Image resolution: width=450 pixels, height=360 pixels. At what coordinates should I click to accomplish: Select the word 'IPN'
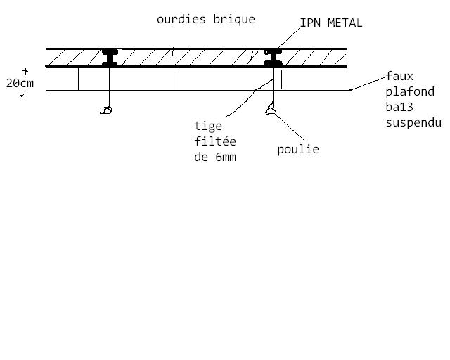(309, 22)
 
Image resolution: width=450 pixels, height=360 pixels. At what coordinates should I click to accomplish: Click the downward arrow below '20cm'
(22, 94)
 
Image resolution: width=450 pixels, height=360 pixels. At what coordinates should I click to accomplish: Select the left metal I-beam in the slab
(109, 58)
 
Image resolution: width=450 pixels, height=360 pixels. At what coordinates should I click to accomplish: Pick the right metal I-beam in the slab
(272, 58)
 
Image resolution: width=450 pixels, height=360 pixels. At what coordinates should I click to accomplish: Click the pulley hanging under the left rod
(106, 110)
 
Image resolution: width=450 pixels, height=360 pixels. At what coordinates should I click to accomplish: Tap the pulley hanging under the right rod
(270, 109)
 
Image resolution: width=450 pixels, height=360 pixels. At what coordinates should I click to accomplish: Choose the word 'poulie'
(298, 149)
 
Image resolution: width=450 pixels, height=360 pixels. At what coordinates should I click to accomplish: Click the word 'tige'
(207, 127)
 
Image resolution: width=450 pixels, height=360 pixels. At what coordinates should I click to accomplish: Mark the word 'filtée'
(214, 141)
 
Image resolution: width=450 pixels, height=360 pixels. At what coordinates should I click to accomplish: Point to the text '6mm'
(225, 157)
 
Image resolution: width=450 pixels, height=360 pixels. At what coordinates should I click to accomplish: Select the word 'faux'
(399, 76)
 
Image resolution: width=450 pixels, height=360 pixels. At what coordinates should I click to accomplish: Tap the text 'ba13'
(399, 107)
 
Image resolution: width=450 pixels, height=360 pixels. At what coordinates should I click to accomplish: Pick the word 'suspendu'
(413, 122)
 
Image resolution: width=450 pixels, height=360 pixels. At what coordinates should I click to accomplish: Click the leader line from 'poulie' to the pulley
(290, 128)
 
